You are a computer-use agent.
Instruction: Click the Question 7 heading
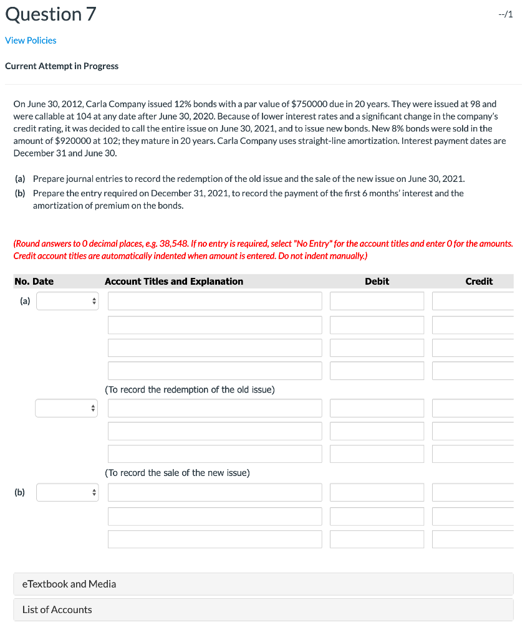click(x=51, y=14)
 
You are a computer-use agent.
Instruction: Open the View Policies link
click(x=31, y=40)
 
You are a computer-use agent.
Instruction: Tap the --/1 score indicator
click(x=506, y=15)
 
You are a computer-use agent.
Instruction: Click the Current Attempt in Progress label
click(x=62, y=66)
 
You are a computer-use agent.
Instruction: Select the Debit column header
click(x=377, y=282)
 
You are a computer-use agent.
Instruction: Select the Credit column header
click(x=479, y=282)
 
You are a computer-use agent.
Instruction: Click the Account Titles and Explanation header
click(x=174, y=282)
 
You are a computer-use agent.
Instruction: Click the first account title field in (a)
click(x=214, y=302)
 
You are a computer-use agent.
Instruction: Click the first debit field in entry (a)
click(x=377, y=302)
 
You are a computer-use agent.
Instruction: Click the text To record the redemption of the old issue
click(x=190, y=389)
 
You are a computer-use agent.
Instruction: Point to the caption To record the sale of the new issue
click(x=177, y=473)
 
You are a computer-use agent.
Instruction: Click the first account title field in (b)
click(x=214, y=493)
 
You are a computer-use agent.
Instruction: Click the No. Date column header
click(x=34, y=282)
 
